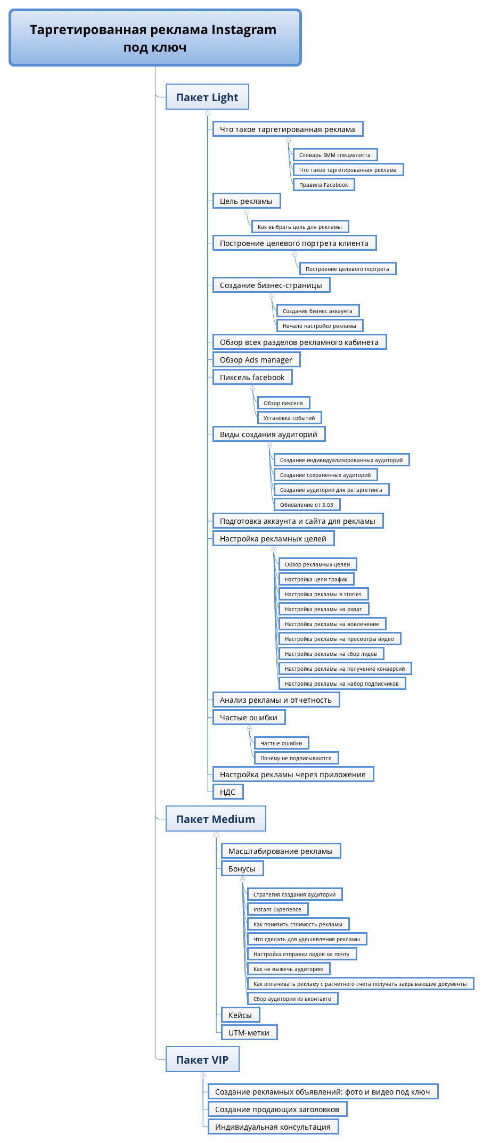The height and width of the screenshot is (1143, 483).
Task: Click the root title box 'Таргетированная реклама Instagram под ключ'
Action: click(155, 38)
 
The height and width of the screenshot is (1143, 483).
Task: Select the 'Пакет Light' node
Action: click(207, 97)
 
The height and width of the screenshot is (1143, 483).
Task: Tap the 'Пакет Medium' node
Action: click(216, 819)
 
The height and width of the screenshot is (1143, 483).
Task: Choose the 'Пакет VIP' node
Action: click(202, 1059)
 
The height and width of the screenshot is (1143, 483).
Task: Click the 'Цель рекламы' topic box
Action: click(247, 201)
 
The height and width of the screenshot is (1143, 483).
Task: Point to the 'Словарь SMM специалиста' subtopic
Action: click(335, 155)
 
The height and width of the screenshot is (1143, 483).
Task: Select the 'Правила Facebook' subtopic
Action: click(324, 185)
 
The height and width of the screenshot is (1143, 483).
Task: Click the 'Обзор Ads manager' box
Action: click(257, 359)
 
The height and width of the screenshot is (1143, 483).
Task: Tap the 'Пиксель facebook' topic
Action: click(252, 377)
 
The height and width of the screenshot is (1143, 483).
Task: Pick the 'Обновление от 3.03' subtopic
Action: click(307, 505)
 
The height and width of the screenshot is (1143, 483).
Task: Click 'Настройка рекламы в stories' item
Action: click(323, 594)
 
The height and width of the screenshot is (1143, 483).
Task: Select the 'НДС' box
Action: click(228, 792)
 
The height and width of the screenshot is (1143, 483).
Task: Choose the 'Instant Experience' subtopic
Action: click(277, 909)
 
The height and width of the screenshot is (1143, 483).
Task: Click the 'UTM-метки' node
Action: click(249, 1032)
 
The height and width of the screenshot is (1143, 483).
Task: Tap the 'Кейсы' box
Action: click(240, 1015)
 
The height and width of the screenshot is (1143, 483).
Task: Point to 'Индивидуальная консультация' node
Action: click(273, 1126)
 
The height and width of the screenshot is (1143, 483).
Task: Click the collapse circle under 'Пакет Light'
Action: click(208, 113)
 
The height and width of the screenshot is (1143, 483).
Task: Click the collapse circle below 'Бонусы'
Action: click(242, 879)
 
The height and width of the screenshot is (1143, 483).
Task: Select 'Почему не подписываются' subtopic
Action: click(296, 758)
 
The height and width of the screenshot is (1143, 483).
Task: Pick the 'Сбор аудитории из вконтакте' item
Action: click(292, 999)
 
